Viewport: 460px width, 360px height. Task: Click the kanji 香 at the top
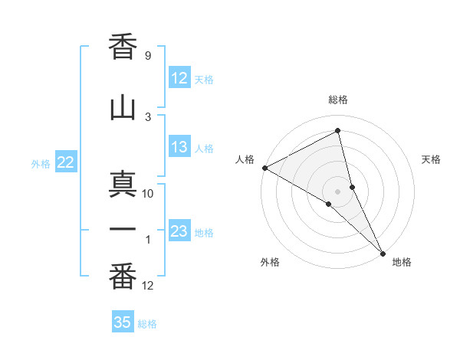coord(123,47)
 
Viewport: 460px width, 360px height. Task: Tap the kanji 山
coord(123,108)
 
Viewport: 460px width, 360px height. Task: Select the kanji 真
coord(123,184)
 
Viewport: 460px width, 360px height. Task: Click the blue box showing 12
coord(179,78)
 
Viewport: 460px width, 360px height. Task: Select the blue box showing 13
coord(179,148)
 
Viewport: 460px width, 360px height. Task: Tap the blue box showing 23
coord(179,231)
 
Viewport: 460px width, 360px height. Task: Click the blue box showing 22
coord(65,162)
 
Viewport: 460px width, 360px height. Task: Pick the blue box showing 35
coord(123,322)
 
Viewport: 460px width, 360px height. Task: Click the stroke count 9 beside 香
coord(147,56)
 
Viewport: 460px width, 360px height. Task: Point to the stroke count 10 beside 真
coord(148,194)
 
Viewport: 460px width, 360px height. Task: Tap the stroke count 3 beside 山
coord(147,117)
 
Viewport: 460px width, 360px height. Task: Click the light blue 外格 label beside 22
coord(41,163)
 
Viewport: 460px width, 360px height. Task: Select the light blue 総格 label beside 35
coord(147,324)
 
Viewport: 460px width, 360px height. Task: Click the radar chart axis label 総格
coord(338,100)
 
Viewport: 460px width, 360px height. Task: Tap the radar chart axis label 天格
coord(432,159)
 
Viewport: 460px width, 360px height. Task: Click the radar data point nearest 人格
coord(264,168)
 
